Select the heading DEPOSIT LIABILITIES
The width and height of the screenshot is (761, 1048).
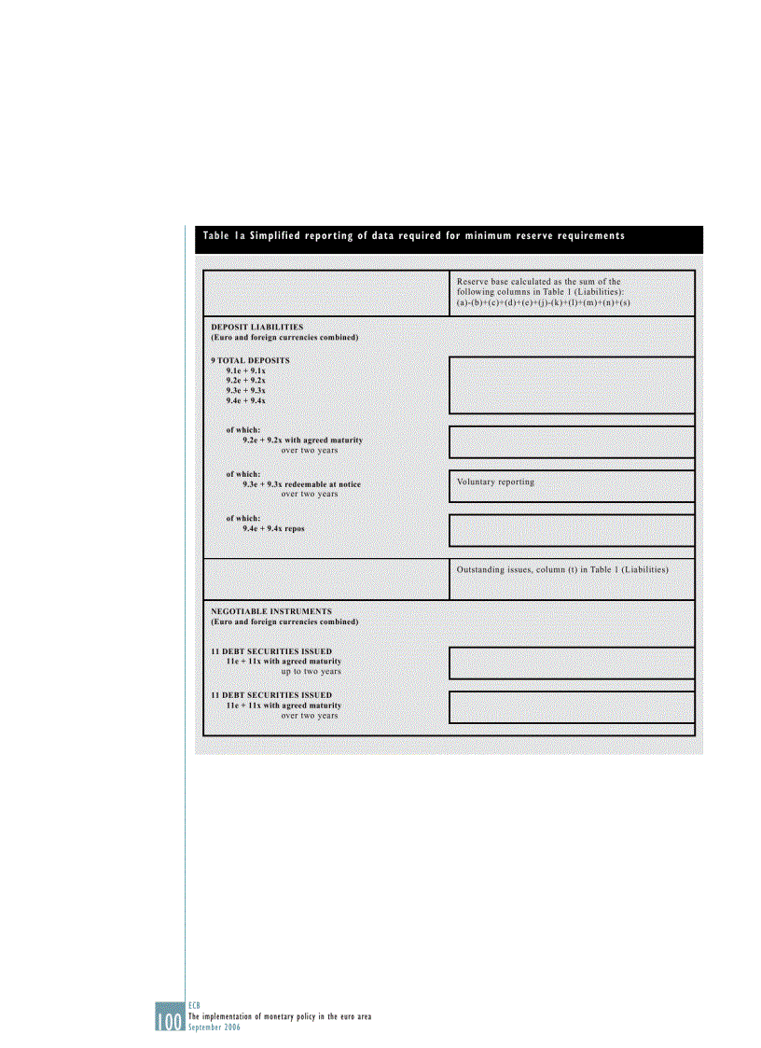256,327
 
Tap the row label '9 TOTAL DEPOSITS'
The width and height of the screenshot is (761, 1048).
250,360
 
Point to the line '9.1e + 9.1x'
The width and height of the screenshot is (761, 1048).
245,370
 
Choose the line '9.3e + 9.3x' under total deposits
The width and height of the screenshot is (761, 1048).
245,391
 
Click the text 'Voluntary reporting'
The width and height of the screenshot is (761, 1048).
495,482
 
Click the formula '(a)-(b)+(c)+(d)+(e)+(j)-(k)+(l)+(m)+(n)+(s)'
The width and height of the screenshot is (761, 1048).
544,302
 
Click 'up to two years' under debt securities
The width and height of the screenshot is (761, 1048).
311,671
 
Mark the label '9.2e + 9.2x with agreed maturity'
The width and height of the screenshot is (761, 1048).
302,440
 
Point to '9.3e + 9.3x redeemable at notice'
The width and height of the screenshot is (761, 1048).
301,484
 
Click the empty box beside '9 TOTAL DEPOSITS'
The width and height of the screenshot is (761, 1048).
572,384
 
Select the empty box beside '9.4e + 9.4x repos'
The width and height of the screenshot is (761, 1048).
572,529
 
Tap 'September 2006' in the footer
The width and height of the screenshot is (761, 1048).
215,1026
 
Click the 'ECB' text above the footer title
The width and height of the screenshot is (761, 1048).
194,1006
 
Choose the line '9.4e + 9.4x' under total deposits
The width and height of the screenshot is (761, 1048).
245,401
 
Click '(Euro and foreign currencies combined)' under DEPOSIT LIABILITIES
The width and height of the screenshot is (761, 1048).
284,337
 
